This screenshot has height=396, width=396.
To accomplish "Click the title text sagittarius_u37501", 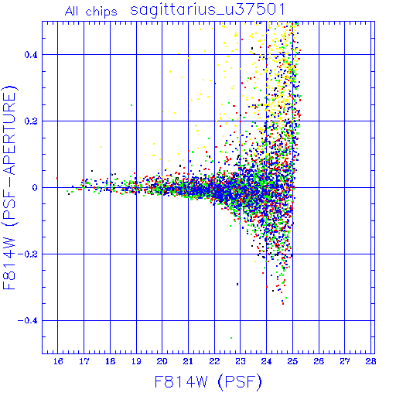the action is pyautogui.click(x=207, y=10).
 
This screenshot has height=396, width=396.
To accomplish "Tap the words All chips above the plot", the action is pyautogui.click(x=91, y=12).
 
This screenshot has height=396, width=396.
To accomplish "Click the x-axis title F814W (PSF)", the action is pyautogui.click(x=208, y=381).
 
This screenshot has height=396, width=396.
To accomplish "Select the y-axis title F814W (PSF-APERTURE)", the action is pyautogui.click(x=9, y=188).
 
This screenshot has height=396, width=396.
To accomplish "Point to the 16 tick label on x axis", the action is pyautogui.click(x=58, y=361).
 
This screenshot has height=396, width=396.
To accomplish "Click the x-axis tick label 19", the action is pyautogui.click(x=136, y=361).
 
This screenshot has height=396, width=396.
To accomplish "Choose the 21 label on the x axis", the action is pyautogui.click(x=188, y=361).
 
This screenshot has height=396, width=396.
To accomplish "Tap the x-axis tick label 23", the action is pyautogui.click(x=241, y=361).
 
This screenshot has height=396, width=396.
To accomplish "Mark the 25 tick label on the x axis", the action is pyautogui.click(x=292, y=361).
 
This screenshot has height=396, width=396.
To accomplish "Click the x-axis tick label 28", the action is pyautogui.click(x=370, y=361).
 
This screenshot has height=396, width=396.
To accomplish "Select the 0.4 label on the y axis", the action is pyautogui.click(x=31, y=55).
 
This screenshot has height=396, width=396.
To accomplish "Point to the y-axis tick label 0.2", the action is pyautogui.click(x=31, y=121).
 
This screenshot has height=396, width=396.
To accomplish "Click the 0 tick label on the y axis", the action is pyautogui.click(x=35, y=188).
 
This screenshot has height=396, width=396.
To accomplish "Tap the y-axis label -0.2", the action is pyautogui.click(x=28, y=254).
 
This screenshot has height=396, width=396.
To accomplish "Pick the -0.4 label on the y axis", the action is pyautogui.click(x=28, y=321).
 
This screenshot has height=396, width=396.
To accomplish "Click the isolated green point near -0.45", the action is pyautogui.click(x=231, y=338).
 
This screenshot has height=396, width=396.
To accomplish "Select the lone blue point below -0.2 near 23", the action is pyautogui.click(x=237, y=284).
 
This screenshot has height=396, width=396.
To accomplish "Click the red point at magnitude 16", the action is pyautogui.click(x=57, y=178).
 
